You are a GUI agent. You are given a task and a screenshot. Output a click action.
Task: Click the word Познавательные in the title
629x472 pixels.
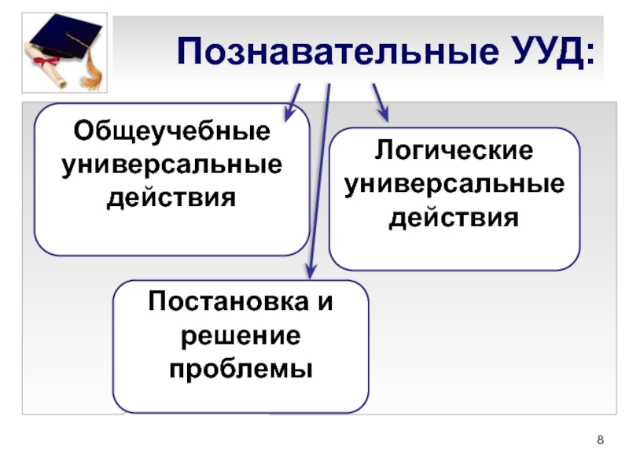point(333,53)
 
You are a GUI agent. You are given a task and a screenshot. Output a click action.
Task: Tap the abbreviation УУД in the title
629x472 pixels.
point(541,53)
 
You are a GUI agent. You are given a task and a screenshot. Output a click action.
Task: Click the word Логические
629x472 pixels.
point(454,151)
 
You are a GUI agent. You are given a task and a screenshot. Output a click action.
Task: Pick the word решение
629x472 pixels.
point(241,336)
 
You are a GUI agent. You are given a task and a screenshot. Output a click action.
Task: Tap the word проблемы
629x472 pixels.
point(241,368)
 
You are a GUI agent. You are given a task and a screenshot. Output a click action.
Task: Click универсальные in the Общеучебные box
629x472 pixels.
point(171,165)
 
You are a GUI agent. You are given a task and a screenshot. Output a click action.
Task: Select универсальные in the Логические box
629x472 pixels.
point(454,184)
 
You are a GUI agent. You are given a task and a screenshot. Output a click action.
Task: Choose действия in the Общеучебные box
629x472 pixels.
point(171,197)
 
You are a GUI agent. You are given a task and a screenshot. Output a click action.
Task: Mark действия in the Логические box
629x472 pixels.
point(454,217)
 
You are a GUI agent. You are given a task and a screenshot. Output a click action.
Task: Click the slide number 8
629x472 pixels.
point(601,440)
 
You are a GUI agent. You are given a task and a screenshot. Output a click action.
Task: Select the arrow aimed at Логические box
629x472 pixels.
point(380,101)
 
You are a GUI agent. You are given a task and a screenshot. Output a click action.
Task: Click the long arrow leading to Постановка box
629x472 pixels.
point(318,181)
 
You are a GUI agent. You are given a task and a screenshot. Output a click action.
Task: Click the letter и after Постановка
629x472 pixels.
point(325,303)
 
